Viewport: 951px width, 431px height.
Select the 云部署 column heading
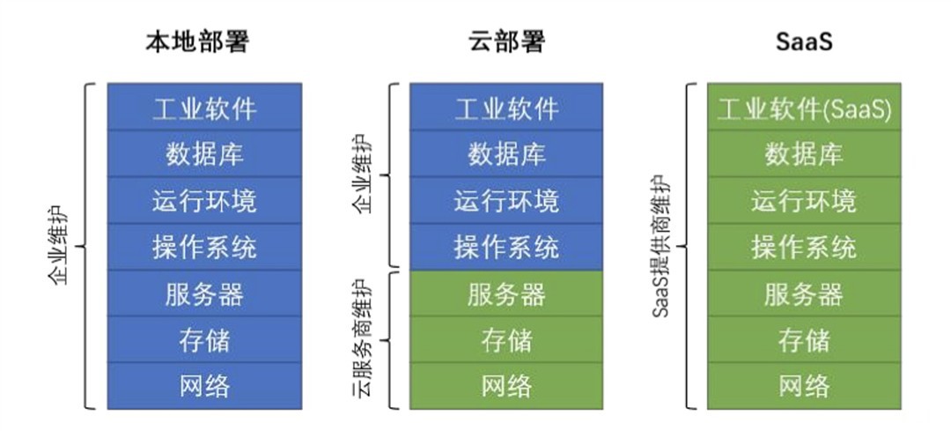coord(506,42)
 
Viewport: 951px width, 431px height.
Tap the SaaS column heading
coord(804,42)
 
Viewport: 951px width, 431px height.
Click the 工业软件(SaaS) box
coord(804,109)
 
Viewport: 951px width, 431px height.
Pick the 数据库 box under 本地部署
coord(204,155)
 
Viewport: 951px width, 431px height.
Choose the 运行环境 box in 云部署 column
coord(506,202)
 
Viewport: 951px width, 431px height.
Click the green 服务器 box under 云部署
coord(506,294)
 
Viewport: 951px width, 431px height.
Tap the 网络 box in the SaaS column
coord(804,386)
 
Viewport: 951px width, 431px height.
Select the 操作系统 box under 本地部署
coord(204,248)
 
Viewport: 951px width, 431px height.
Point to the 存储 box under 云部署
coord(506,340)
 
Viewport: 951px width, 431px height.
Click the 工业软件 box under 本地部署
coord(204,109)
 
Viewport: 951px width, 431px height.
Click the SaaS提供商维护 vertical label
coord(662,246)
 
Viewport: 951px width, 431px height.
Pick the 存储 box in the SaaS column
coord(804,340)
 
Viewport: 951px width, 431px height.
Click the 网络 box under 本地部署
coord(204,386)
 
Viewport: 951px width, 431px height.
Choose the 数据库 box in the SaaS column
coord(804,155)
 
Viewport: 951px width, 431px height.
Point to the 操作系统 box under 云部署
coord(506,248)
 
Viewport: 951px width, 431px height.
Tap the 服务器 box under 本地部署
coord(204,294)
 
